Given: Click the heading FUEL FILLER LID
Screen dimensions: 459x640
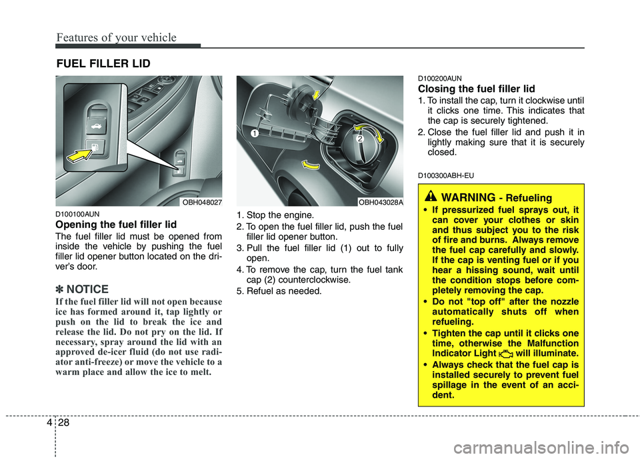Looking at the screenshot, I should (x=103, y=64).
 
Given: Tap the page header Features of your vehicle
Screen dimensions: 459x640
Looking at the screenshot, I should (x=116, y=37).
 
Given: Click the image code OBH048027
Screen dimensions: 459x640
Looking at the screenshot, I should (x=199, y=202).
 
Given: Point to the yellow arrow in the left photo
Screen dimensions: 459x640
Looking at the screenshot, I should (x=77, y=157).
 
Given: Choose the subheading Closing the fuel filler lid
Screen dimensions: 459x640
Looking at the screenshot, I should (x=476, y=89).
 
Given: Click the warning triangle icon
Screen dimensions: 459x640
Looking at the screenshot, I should (x=431, y=197).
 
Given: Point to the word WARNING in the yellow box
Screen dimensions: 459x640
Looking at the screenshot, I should (x=467, y=197).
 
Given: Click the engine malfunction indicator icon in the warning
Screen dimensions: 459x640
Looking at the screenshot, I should (x=506, y=352).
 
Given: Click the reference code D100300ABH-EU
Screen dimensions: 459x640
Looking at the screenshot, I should (x=446, y=175).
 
